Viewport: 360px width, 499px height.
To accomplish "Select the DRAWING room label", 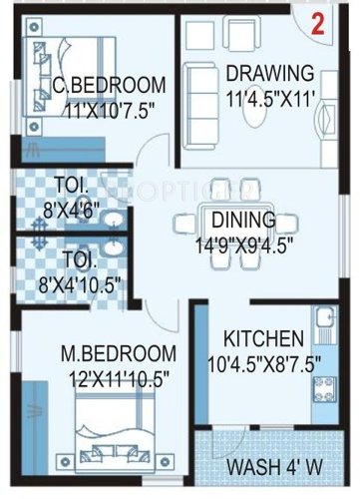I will tap(269, 73).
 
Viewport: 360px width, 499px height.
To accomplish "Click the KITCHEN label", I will tap(262, 336).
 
